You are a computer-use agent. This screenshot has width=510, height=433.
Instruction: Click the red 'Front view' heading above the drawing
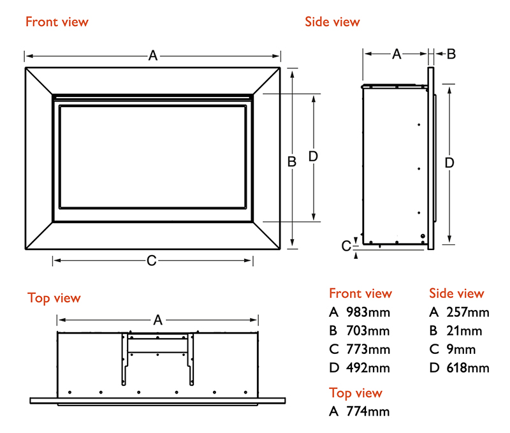coord(57,22)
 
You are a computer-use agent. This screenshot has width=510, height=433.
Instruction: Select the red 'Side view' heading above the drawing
coord(332,22)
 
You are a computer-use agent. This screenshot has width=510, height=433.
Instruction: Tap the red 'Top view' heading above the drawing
coord(54,298)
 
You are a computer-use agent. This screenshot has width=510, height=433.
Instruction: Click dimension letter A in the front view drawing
coord(153,55)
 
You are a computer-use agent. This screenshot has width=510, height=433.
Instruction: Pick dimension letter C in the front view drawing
coord(152,260)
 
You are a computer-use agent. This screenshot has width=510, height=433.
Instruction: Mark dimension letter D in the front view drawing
coord(313,156)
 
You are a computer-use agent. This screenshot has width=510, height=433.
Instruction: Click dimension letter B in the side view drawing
coord(451,54)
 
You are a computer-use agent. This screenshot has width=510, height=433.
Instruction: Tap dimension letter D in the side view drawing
coord(449,163)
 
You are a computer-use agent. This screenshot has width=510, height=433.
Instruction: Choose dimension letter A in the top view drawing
coord(158,319)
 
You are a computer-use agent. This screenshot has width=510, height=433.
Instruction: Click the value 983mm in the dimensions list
coord(368,312)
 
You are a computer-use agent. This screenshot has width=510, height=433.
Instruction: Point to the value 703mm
coord(368,331)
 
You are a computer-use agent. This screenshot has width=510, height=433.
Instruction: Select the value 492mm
coord(368,368)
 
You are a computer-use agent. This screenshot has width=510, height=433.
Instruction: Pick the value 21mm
coord(465,331)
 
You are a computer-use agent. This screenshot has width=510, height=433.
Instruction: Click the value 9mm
coord(462,349)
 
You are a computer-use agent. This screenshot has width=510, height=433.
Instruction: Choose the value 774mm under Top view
coord(368,411)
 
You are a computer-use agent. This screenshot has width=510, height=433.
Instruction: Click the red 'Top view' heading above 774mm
coord(356,393)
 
